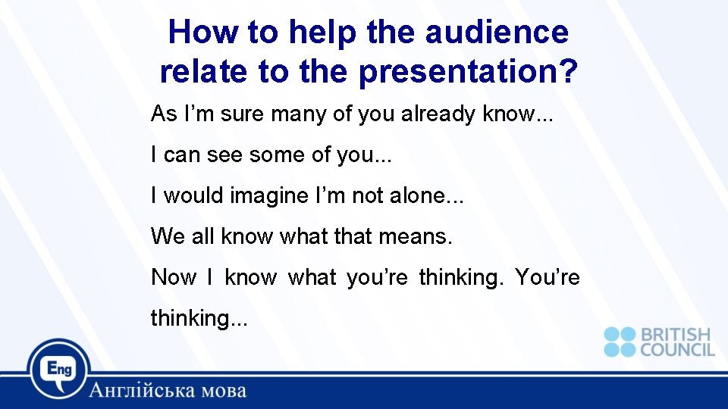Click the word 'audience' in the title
(x=497, y=33)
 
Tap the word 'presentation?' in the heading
(x=469, y=72)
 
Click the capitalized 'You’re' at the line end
(x=548, y=278)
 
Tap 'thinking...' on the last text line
(x=199, y=319)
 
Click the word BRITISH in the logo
(x=676, y=334)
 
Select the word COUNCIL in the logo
(x=677, y=349)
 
